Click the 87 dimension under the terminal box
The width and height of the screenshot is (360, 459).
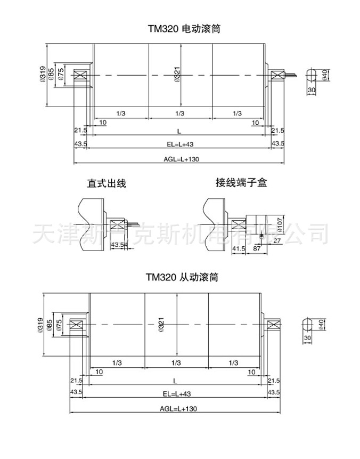(257, 249)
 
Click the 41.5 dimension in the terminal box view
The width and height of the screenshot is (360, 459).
(239, 249)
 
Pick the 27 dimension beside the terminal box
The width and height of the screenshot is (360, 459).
(277, 241)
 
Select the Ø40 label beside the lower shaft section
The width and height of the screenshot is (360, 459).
(321, 324)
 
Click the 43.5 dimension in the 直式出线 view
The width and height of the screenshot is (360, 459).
(117, 245)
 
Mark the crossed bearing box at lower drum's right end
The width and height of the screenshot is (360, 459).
(274, 325)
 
